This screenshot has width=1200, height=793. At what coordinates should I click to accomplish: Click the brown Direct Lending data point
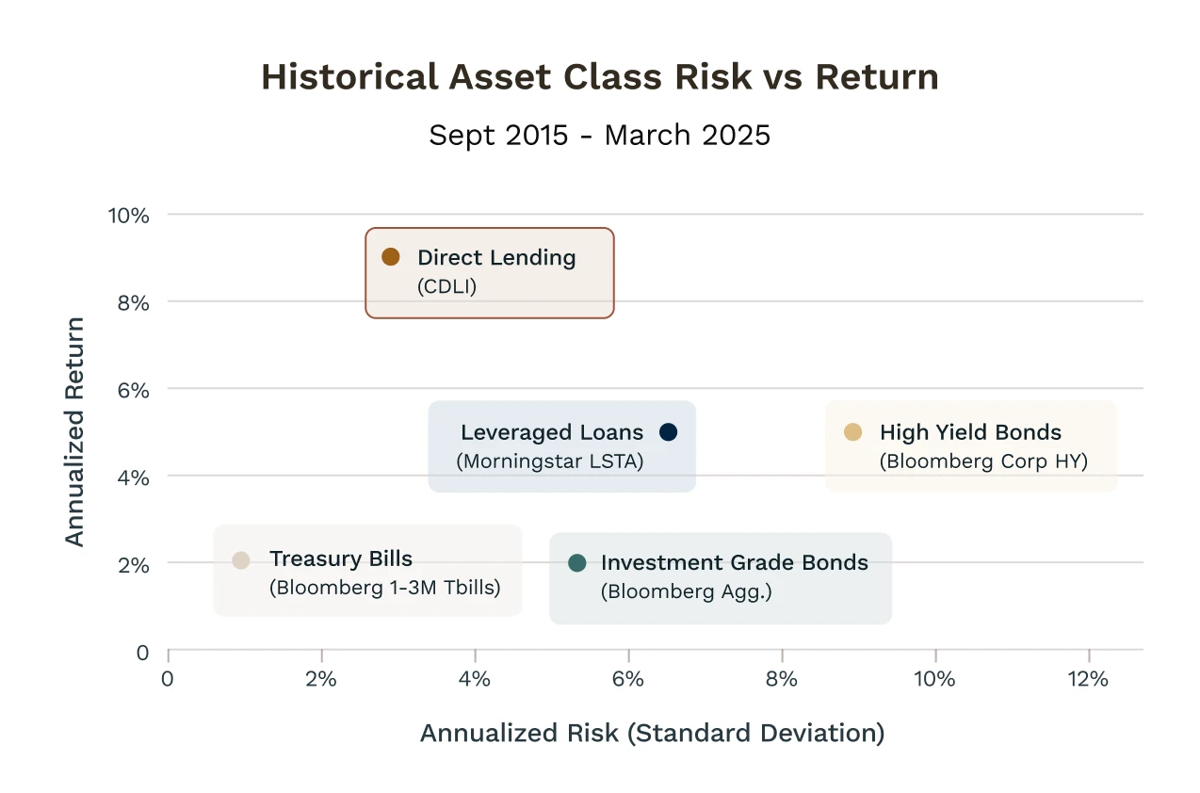tap(391, 257)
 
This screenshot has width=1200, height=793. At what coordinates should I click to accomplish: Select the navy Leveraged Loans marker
tap(668, 432)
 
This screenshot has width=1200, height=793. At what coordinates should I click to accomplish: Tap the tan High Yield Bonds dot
tap(852, 432)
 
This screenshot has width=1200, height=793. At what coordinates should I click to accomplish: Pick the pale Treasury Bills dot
tap(241, 560)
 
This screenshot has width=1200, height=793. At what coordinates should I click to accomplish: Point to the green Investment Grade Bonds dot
tap(577, 562)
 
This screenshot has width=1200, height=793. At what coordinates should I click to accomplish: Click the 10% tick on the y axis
tap(128, 216)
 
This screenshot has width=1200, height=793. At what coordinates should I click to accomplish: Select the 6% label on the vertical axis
tap(134, 391)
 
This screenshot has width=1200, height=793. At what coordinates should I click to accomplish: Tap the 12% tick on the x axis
tap(1088, 679)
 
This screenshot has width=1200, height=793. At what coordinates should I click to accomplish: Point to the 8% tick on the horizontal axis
tap(782, 679)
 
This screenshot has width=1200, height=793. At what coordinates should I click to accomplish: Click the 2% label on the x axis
tap(321, 679)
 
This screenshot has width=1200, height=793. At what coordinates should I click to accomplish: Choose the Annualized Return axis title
tap(74, 432)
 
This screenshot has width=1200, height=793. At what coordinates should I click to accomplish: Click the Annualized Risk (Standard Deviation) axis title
tap(653, 733)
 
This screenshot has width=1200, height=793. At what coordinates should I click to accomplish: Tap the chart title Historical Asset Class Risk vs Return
tap(600, 76)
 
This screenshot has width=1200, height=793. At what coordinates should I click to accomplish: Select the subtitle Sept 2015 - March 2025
tap(600, 135)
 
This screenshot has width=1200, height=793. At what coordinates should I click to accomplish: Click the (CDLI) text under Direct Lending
tap(446, 286)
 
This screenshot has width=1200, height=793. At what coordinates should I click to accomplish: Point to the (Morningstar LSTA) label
tap(550, 461)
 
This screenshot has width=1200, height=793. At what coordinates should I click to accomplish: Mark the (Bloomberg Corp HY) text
tap(983, 461)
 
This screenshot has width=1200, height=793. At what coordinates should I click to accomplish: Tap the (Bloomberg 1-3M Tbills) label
tap(384, 588)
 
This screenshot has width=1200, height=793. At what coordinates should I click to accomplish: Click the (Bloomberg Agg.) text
tap(687, 591)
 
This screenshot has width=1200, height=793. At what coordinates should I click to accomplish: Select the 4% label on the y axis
tap(134, 477)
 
